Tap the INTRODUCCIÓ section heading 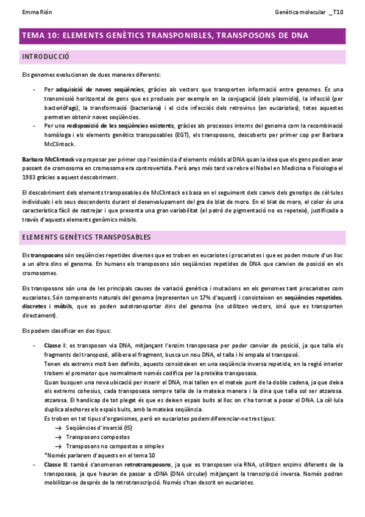(46, 57)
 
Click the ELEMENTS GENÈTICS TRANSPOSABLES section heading (87, 237)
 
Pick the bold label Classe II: (57, 465)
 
